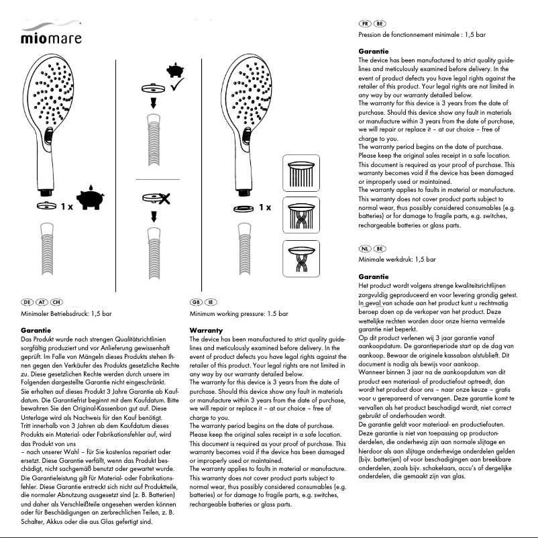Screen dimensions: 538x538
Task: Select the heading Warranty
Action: click(x=206, y=331)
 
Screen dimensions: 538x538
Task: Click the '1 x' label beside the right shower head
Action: click(x=264, y=207)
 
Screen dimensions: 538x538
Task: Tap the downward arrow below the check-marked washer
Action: click(x=153, y=103)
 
